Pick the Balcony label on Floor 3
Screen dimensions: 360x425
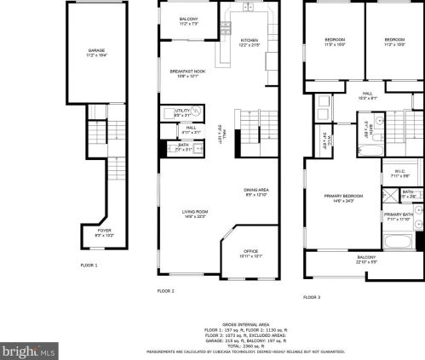pyautogui.click(x=365, y=259)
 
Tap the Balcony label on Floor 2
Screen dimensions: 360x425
pyautogui.click(x=189, y=20)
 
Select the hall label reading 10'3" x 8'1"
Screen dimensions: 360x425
pyautogui.click(x=367, y=95)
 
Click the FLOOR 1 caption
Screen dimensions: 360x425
pyautogui.click(x=89, y=266)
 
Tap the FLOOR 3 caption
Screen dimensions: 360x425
pyautogui.click(x=312, y=297)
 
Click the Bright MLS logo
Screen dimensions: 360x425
pyautogui.click(x=29, y=349)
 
